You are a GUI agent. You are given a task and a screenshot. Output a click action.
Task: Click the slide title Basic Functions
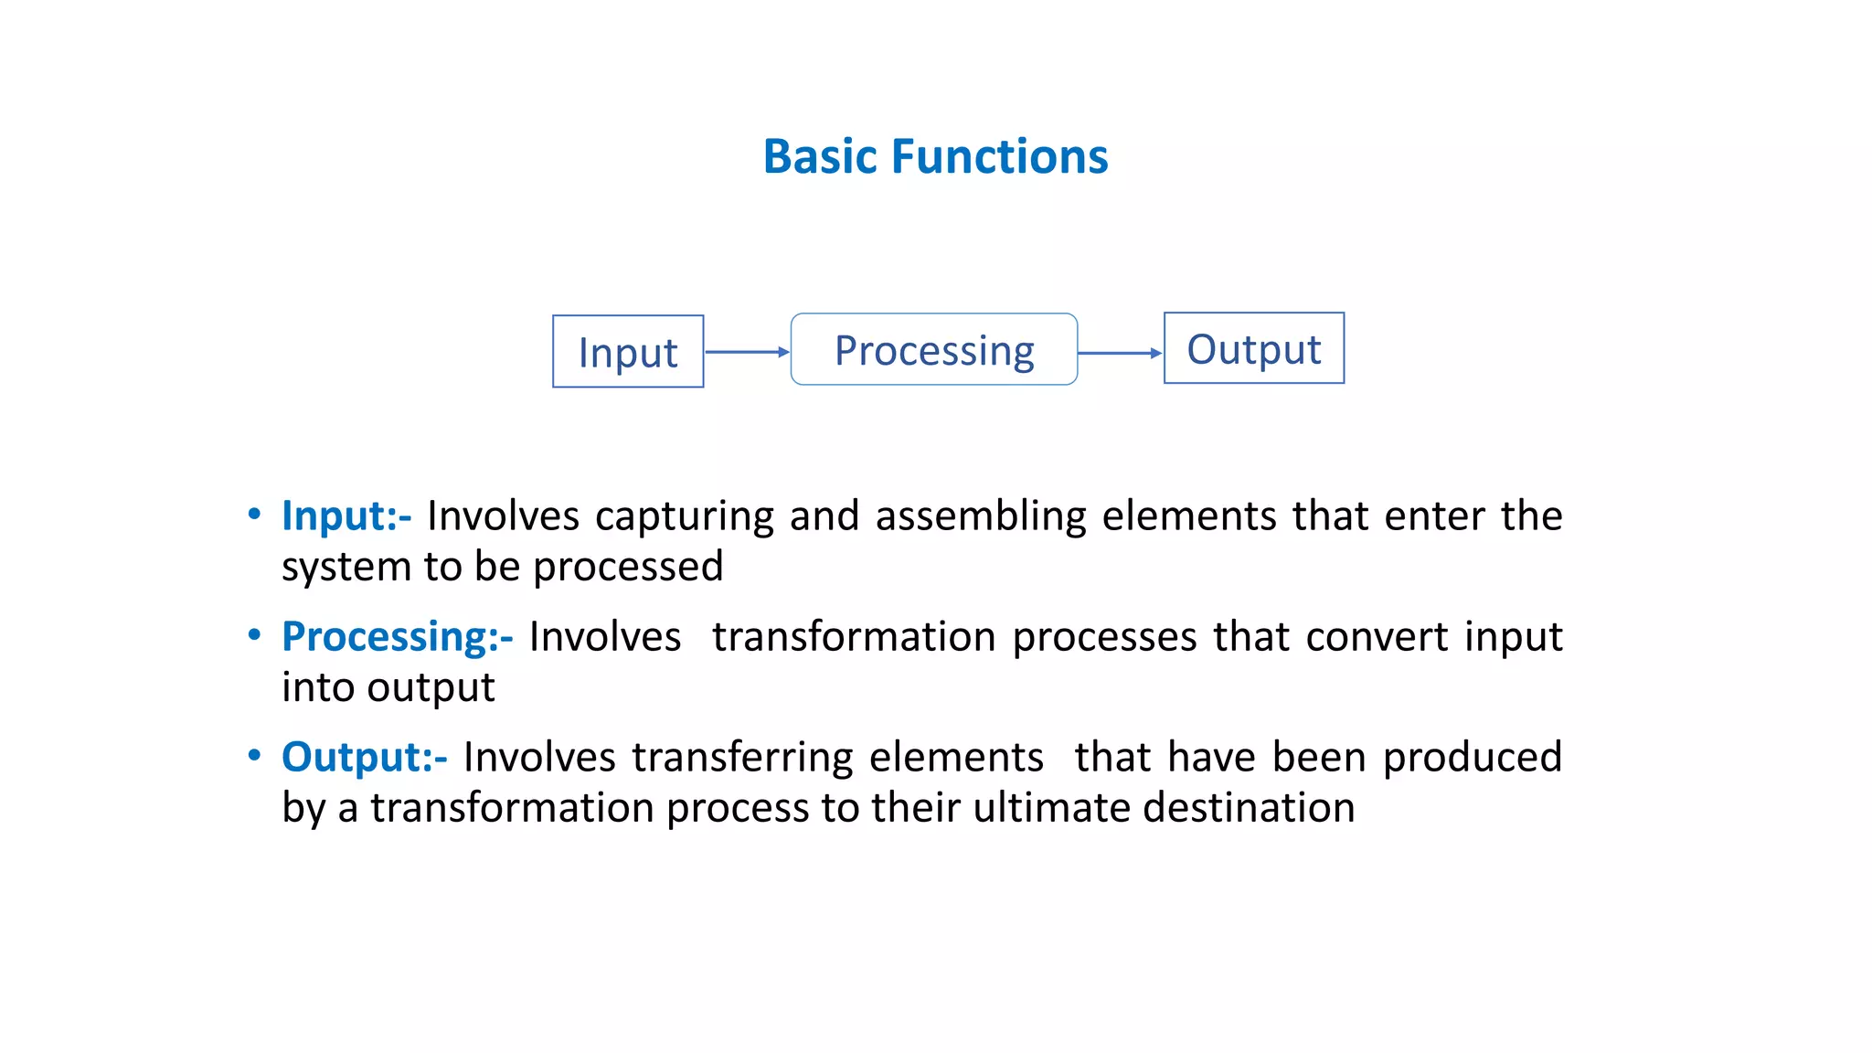click(x=935, y=156)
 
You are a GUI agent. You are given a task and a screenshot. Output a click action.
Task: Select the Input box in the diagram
click(x=628, y=352)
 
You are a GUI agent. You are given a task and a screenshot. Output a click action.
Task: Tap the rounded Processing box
click(x=933, y=350)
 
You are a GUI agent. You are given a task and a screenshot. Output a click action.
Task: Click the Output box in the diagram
click(x=1253, y=349)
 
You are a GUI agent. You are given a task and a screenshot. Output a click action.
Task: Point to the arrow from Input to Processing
click(x=747, y=352)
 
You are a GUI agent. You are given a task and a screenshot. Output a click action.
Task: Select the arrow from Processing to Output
click(x=1120, y=353)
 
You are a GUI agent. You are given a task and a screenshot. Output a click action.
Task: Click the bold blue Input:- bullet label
click(x=346, y=516)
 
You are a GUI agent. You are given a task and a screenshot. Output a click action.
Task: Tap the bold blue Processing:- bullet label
click(x=397, y=637)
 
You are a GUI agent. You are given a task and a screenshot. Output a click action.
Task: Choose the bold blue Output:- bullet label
click(x=364, y=758)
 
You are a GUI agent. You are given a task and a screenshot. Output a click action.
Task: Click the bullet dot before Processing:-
click(x=255, y=634)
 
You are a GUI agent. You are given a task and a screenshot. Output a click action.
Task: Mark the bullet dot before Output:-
click(x=255, y=755)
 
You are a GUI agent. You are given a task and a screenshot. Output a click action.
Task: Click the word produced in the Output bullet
click(x=1471, y=758)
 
